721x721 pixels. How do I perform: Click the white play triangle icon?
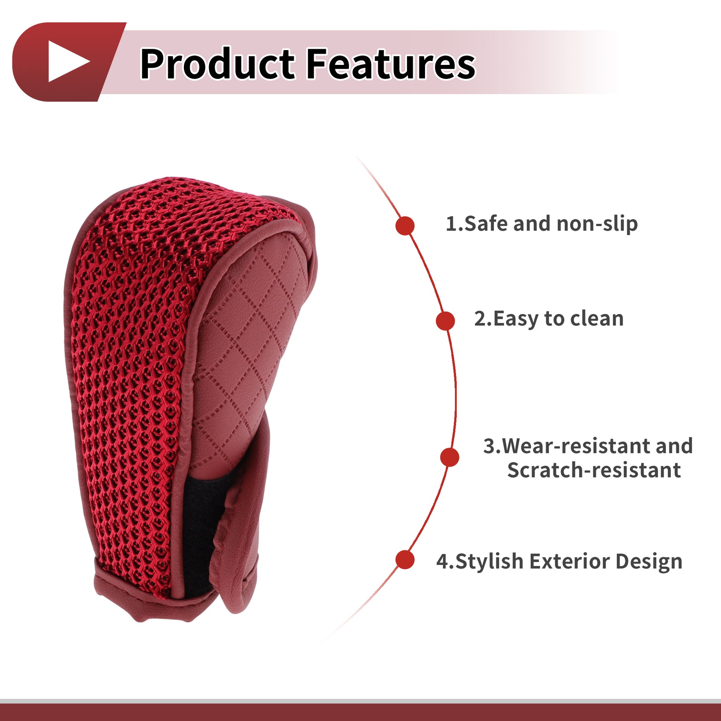click(66, 61)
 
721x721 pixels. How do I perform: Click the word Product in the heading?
click(218, 64)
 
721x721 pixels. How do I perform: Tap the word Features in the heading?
click(391, 64)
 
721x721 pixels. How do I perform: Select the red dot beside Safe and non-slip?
click(405, 226)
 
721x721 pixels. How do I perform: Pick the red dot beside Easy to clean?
click(445, 321)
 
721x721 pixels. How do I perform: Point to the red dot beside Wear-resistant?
click(450, 457)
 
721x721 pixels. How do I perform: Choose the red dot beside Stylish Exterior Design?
click(405, 560)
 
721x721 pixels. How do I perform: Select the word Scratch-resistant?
click(594, 470)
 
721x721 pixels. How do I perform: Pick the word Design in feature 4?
click(649, 562)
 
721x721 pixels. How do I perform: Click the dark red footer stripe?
click(360, 713)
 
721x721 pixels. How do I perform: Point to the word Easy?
click(516, 320)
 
